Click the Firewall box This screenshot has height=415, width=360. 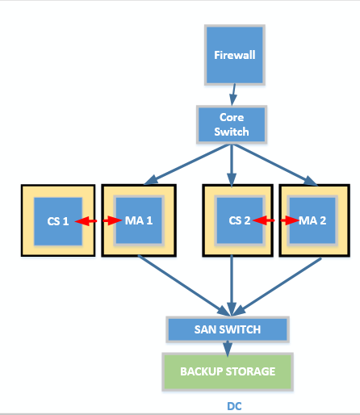point(235,55)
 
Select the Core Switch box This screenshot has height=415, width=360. point(232,124)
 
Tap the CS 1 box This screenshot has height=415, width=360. point(58,221)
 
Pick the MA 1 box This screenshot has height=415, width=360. point(139,220)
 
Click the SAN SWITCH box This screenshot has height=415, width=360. point(228,329)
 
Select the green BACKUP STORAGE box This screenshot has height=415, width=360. point(228,371)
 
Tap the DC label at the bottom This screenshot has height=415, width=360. point(234,406)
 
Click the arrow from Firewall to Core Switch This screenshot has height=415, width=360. point(233,94)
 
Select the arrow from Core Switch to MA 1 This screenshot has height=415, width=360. point(187,165)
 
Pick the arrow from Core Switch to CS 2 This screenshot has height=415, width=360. point(232,165)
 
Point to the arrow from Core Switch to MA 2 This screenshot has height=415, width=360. point(274,165)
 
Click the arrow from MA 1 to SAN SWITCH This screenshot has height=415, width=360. point(184,286)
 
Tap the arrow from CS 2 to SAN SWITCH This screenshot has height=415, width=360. point(232,286)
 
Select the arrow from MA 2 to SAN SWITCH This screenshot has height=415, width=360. point(277,287)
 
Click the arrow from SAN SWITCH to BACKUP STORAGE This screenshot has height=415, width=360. point(228,348)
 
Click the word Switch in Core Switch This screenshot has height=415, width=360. point(232,132)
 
